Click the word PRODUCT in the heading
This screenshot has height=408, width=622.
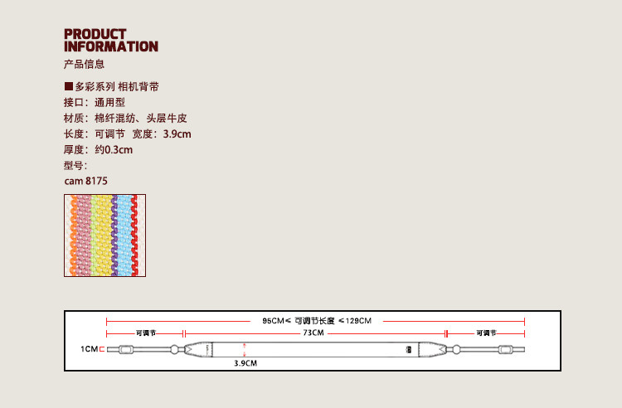(95, 34)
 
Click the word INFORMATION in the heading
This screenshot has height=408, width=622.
(111, 46)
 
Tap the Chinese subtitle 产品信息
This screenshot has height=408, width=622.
(84, 64)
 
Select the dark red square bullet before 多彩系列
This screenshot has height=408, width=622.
(69, 86)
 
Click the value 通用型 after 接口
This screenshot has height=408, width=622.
(109, 102)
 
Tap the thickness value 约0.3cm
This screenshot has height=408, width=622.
(114, 149)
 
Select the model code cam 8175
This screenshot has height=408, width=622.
(86, 180)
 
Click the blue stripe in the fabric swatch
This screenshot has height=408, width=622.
(125, 235)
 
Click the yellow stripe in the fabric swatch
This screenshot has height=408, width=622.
(102, 235)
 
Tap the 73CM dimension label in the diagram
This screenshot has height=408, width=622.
(313, 333)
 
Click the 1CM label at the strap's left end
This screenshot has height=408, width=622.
(89, 349)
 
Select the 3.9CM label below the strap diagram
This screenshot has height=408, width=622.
(245, 363)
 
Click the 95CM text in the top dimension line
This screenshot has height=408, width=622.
(273, 320)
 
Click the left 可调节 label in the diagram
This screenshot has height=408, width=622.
(145, 333)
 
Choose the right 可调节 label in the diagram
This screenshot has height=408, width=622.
(486, 333)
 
